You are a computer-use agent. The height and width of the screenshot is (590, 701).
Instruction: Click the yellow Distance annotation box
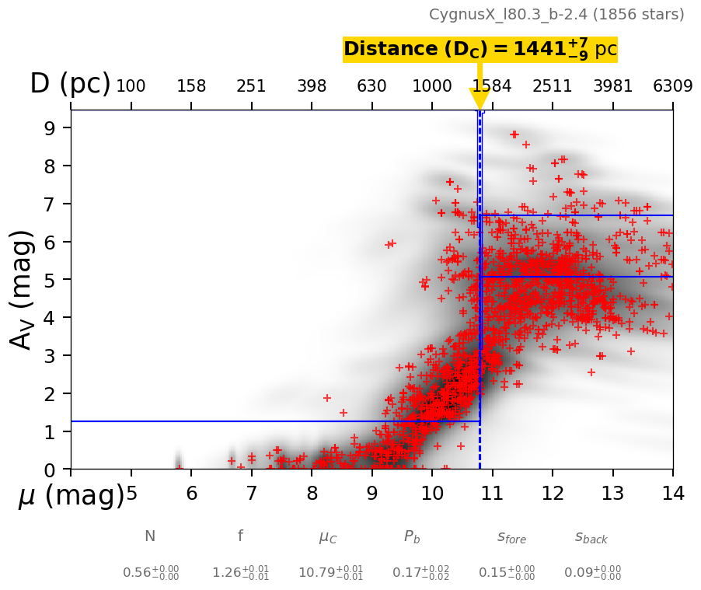pos(480,49)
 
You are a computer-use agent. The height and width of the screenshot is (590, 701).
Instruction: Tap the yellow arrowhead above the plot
pos(480,99)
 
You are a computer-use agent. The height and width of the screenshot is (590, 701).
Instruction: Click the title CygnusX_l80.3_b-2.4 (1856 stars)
pos(556,15)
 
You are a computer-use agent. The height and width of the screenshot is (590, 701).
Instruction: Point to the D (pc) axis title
pos(70,84)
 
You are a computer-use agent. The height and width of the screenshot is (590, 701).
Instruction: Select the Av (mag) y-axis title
pos(23,289)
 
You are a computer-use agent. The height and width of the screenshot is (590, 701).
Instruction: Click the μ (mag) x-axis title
pos(71,495)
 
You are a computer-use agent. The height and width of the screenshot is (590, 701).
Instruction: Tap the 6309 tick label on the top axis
pos(673,86)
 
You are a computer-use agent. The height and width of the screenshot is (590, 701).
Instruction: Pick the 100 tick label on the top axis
pos(131,86)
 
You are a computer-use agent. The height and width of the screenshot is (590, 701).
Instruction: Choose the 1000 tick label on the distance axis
pos(432,86)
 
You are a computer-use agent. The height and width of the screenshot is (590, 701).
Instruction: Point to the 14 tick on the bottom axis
pos(673,494)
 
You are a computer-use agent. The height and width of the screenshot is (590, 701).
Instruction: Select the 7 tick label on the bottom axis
pos(251,494)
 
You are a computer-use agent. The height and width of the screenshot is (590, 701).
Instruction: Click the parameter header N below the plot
pos(150,536)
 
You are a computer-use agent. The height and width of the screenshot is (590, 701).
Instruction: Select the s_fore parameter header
pos(511,537)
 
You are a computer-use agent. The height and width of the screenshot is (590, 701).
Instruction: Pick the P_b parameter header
pos(412,536)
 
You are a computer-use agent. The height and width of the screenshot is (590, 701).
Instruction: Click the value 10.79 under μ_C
pos(330,573)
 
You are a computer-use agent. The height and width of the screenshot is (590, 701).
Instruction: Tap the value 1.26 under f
pos(241,573)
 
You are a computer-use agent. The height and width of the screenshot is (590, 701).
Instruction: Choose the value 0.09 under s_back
pos(592,573)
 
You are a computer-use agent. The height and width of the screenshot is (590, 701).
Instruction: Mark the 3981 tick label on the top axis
pos(613,86)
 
